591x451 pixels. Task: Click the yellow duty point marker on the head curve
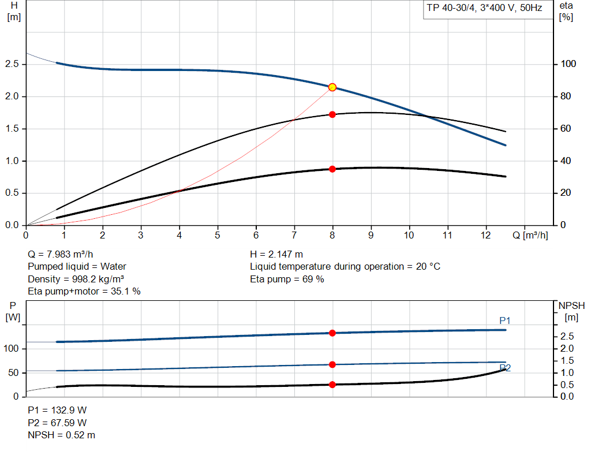click(x=332, y=87)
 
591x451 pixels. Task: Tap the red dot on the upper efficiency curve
click(x=332, y=114)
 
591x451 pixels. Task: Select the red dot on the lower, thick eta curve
click(x=332, y=169)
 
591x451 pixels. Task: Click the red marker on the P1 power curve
click(x=332, y=333)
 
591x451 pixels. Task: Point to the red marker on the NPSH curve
click(x=332, y=385)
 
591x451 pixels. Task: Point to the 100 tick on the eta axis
click(x=569, y=64)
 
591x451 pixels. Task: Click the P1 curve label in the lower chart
click(x=505, y=320)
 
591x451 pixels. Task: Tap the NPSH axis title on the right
click(x=571, y=311)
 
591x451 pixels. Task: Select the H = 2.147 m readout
click(x=276, y=254)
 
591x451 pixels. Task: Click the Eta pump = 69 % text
click(x=287, y=279)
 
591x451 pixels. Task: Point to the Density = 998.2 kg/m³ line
click(x=76, y=279)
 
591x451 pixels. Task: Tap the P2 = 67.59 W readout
click(x=58, y=423)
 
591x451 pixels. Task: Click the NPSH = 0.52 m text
click(x=62, y=435)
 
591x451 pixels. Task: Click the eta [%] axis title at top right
click(x=566, y=11)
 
